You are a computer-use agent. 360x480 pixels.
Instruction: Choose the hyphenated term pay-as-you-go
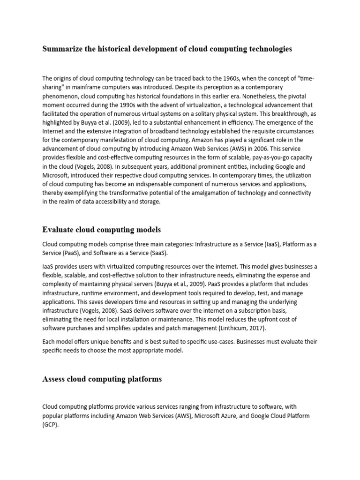[x=259, y=157]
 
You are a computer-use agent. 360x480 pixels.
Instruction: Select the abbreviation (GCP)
[x=50, y=425]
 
